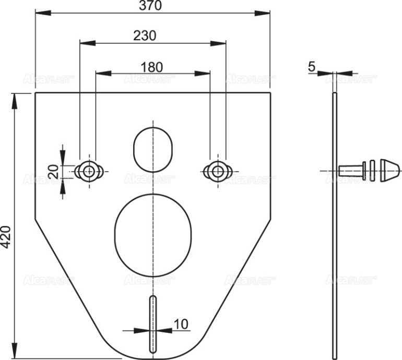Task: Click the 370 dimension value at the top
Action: [151, 6]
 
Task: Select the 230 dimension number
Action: [145, 36]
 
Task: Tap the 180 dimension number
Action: [151, 66]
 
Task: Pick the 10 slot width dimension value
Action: [180, 323]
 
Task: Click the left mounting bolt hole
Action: [88, 171]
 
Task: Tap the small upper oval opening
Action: [152, 148]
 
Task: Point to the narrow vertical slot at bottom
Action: [152, 324]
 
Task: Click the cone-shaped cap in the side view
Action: [389, 171]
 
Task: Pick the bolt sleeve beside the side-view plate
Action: [350, 171]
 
